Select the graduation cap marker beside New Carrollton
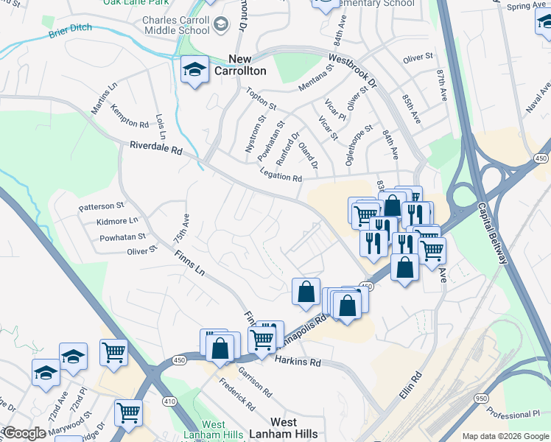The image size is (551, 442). tap(194, 71)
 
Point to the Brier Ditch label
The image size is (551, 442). tap(71, 33)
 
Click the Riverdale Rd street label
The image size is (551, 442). tap(155, 149)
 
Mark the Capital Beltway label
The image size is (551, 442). tap(491, 234)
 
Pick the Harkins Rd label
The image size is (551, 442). tap(298, 362)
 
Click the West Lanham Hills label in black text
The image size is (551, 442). tap(284, 428)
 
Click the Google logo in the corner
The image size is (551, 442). tap(24, 433)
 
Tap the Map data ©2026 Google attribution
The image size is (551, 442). tap(505, 436)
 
